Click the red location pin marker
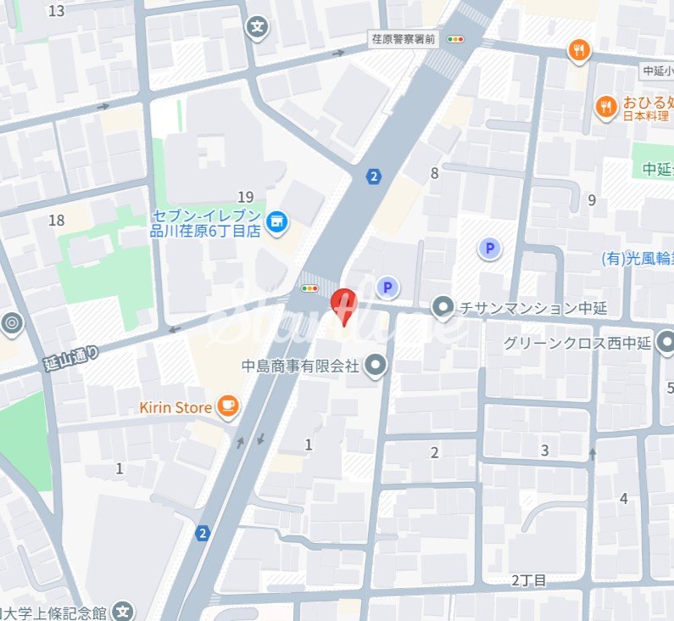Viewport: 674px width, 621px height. [x=343, y=305]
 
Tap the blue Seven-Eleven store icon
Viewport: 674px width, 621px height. [x=276, y=222]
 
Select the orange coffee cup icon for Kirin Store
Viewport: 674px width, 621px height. [x=226, y=407]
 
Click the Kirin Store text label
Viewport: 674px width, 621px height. [x=175, y=408]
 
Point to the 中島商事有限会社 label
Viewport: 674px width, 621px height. [x=300, y=366]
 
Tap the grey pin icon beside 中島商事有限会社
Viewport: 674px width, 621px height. [x=376, y=366]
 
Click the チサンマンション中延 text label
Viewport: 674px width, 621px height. [x=532, y=308]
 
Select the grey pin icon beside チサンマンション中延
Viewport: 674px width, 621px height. [x=443, y=308]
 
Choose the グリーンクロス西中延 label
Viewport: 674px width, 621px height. [x=576, y=344]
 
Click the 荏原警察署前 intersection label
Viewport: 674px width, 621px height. [x=403, y=38]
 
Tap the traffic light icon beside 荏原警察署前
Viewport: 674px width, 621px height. [x=457, y=38]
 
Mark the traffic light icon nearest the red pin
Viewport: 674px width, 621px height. [x=310, y=288]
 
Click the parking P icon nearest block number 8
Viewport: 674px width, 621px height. [x=488, y=249]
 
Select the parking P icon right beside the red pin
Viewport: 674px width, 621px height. [x=387, y=288]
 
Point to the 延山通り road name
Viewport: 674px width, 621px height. [x=71, y=358]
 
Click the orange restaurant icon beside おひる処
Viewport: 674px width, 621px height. [x=605, y=106]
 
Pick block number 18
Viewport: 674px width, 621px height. [x=57, y=221]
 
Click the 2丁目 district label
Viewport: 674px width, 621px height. [x=529, y=580]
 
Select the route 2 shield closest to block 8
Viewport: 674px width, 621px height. [x=374, y=176]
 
